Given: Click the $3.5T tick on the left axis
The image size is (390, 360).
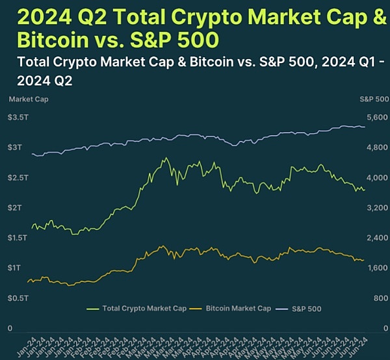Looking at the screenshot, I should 18,118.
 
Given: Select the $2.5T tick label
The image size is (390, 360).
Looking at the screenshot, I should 18,177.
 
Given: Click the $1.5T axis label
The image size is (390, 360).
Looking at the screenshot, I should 18,238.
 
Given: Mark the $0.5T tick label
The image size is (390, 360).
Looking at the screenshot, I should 18,298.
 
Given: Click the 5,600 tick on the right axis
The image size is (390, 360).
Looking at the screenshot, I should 376,118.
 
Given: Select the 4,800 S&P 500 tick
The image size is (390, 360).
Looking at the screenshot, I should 376,148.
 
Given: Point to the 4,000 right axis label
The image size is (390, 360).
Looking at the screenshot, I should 376,177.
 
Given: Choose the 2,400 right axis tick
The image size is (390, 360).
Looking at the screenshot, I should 376,238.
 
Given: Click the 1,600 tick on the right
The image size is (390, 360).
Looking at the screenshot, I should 376,268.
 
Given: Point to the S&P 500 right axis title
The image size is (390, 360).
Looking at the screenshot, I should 374,99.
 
